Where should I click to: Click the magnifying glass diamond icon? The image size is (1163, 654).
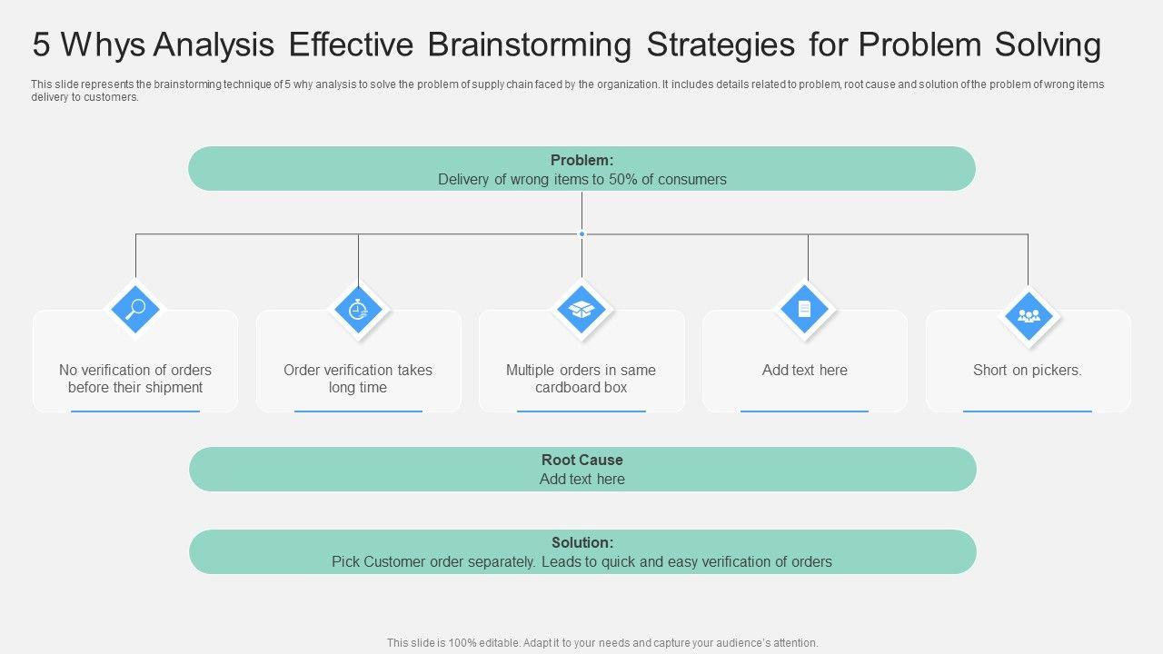pyautogui.click(x=135, y=309)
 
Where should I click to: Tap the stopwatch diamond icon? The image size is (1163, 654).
pyautogui.click(x=359, y=309)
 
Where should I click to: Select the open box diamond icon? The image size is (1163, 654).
pyautogui.click(x=581, y=309)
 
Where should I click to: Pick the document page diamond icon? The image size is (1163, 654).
pyautogui.click(x=805, y=309)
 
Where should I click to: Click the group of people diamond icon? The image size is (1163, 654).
pyautogui.click(x=1029, y=316)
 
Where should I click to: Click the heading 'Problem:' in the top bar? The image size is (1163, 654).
pyautogui.click(x=581, y=161)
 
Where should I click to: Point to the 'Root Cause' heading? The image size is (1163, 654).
pyautogui.click(x=581, y=461)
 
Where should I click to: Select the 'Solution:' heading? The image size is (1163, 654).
pyautogui.click(x=581, y=543)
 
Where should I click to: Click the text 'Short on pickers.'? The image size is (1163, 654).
pyautogui.click(x=1028, y=371)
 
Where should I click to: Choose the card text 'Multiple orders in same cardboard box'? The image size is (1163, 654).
pyautogui.click(x=581, y=379)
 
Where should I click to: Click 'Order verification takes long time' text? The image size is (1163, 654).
pyautogui.click(x=358, y=379)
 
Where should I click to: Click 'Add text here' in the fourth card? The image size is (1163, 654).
pyautogui.click(x=805, y=371)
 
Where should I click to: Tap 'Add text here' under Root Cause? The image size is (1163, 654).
pyautogui.click(x=581, y=480)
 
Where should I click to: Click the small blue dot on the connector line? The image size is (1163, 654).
pyautogui.click(x=581, y=234)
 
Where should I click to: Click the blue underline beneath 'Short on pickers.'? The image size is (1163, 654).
pyautogui.click(x=1028, y=411)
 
